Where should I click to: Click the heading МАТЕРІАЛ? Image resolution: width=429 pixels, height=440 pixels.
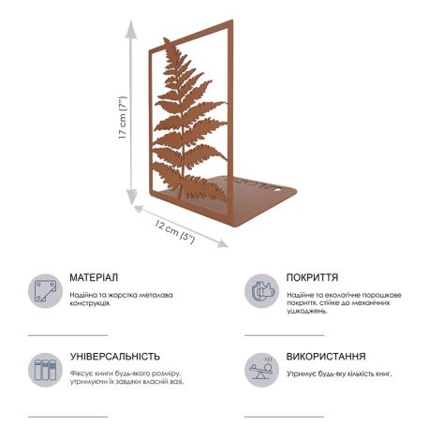coord(94,278)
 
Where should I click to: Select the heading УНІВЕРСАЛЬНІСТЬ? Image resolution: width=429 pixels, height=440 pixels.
coord(114,357)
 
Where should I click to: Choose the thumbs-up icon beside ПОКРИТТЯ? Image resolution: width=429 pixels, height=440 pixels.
coord(261,290)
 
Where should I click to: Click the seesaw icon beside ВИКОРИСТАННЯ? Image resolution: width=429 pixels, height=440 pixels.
coord(261,368)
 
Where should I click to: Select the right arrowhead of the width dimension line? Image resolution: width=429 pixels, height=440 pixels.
coord(224,244)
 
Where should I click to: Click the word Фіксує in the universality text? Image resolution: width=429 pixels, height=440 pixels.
coord(81,373)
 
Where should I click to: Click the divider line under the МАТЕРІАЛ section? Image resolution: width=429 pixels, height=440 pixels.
coord(67,334)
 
